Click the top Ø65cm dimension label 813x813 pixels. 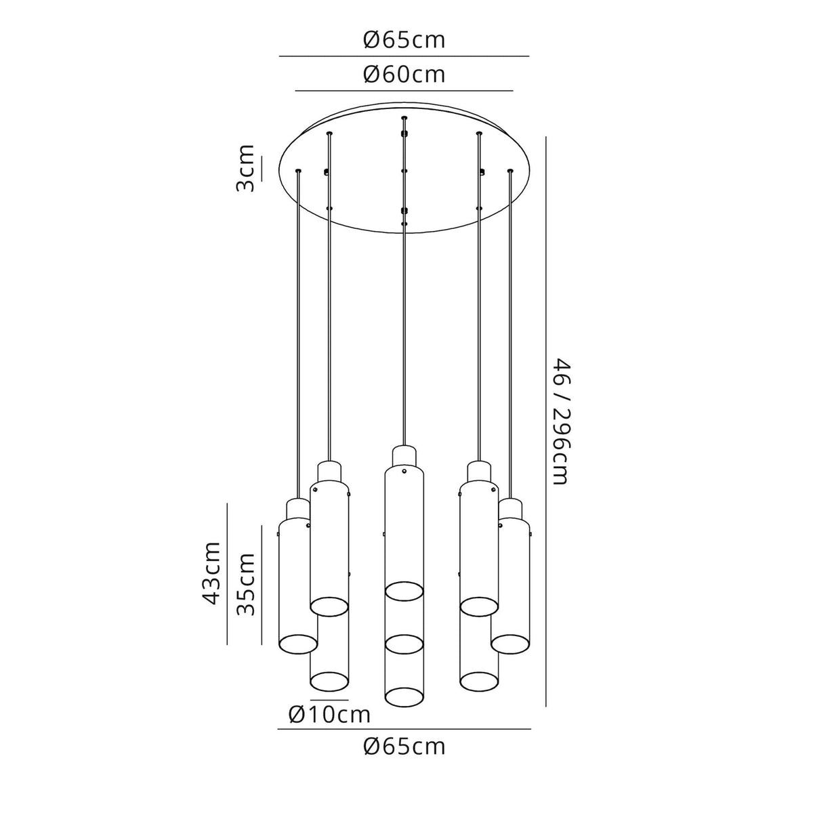(x=404, y=41)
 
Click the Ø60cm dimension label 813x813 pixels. (x=404, y=75)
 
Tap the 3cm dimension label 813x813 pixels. (x=245, y=168)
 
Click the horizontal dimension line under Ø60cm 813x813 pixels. (x=404, y=91)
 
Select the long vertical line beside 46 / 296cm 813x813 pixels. (x=546, y=422)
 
